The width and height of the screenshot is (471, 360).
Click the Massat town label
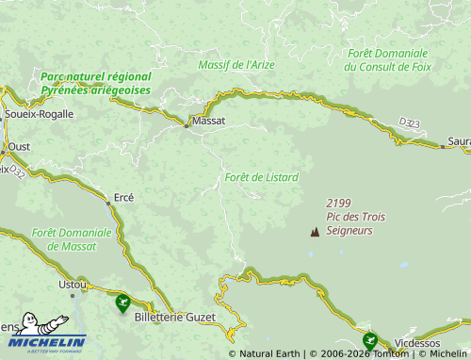coord(207,122)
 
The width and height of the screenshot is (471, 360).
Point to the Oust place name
coord(19,147)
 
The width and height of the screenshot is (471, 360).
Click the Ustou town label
coord(73,284)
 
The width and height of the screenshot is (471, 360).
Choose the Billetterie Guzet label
coord(175,318)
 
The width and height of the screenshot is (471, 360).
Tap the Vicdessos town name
coord(416,343)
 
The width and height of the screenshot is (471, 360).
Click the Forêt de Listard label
coord(262,177)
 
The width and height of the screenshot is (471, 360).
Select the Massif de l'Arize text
coord(235,65)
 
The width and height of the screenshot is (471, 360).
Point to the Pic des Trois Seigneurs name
coord(349,223)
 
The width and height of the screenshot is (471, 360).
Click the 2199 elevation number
coord(339,204)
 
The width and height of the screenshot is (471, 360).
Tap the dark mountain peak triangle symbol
coord(314,231)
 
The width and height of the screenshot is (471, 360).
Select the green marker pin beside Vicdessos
coord(369,340)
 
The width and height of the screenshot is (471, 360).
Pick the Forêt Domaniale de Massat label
coord(72,238)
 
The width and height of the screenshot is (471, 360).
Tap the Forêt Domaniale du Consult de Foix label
coord(386,59)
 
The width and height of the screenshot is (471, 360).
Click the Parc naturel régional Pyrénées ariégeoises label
coord(95,83)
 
